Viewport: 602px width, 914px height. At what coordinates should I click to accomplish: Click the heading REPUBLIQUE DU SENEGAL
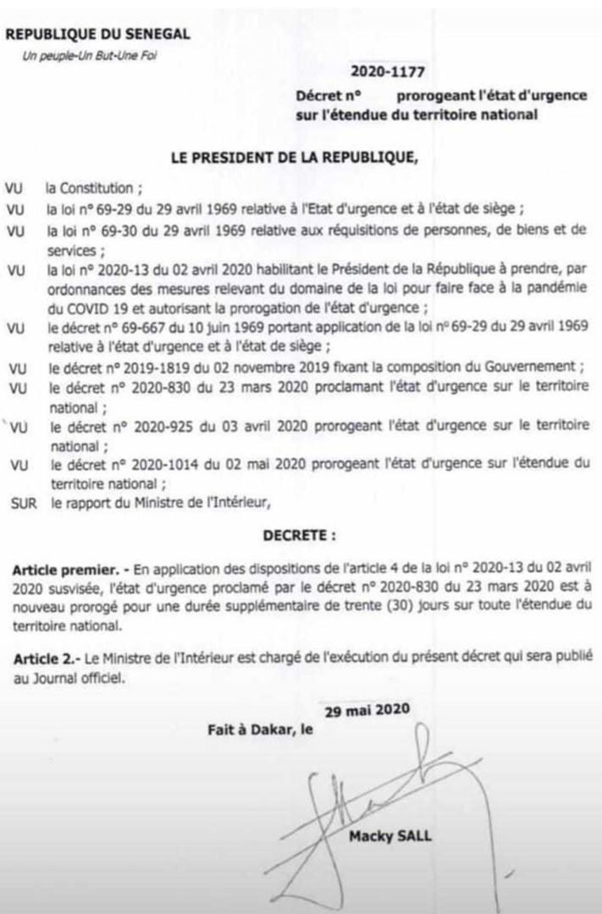[97, 35]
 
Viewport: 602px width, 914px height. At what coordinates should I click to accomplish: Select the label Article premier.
[64, 565]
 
